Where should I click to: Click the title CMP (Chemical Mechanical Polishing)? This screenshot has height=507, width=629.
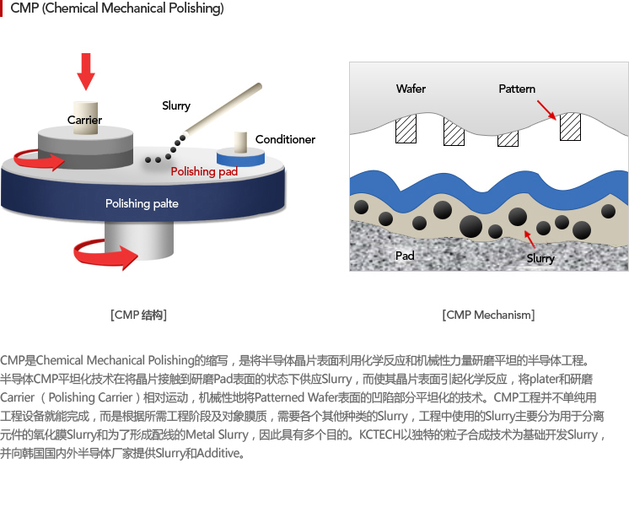(x=117, y=9)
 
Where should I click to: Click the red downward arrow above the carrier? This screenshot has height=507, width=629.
(x=86, y=72)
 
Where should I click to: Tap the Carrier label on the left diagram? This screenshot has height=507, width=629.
(x=84, y=120)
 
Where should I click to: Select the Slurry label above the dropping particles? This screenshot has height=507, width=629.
(x=176, y=105)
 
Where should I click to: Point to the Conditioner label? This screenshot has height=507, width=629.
(x=285, y=139)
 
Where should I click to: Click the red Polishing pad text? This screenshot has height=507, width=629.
(x=204, y=171)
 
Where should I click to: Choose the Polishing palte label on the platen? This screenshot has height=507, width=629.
(x=142, y=203)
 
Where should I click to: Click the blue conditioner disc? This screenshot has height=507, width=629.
(x=240, y=158)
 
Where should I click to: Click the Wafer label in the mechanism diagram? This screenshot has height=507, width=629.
(x=411, y=89)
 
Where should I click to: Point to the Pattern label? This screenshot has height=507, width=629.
(x=517, y=89)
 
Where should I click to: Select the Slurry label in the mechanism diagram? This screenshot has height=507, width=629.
(x=540, y=258)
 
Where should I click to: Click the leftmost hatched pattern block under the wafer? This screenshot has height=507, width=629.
(x=407, y=129)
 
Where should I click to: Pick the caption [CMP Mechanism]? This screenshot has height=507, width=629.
(x=488, y=315)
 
